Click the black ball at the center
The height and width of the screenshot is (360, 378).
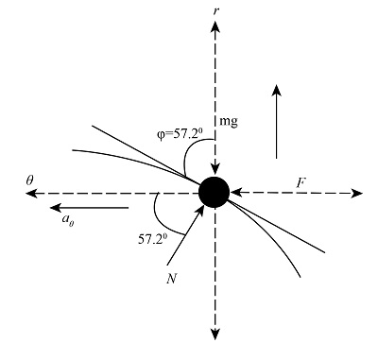coord(215,192)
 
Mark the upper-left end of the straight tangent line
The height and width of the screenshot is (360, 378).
coord(92,122)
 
